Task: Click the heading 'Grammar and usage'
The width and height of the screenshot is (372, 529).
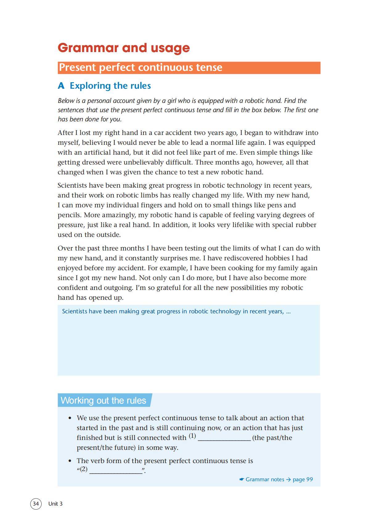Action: pos(124,48)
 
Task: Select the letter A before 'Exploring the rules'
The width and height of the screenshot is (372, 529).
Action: pos(61,86)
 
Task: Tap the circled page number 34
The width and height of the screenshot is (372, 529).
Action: pos(36,504)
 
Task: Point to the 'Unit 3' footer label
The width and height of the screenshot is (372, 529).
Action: pos(55,504)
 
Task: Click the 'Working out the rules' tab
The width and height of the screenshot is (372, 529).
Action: pos(104,400)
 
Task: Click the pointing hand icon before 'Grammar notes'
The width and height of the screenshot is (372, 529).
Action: pos(242,479)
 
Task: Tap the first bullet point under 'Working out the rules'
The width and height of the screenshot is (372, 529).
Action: pos(70,418)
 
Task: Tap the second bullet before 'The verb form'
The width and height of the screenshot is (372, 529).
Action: pos(70,461)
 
